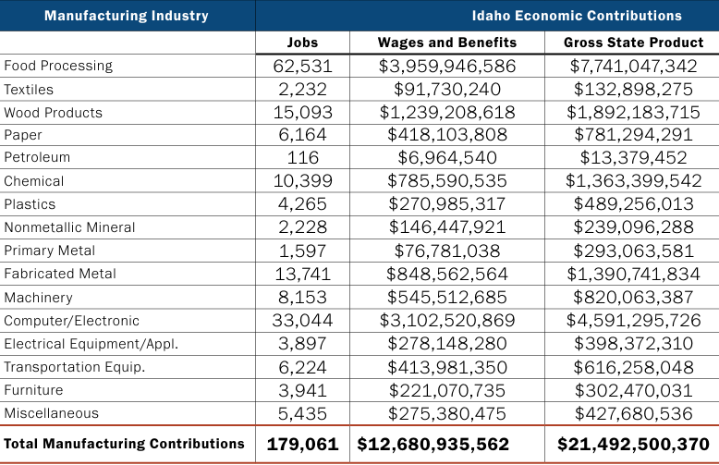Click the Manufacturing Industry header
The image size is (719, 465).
coord(127,16)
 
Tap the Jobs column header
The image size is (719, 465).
coord(302,43)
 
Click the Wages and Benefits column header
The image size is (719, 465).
coord(447,43)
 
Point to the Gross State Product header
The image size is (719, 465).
coord(634,43)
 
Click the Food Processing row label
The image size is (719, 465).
coord(58,67)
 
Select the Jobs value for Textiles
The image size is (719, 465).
coord(302,90)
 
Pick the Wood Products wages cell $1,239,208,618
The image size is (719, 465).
coord(447,113)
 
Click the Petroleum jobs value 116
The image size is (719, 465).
coord(302,158)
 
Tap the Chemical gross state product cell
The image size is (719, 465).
coord(634,181)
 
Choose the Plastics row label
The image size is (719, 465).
coord(30,204)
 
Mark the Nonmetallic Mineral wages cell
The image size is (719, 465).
coord(447,227)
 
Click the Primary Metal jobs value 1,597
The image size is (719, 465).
coord(302,251)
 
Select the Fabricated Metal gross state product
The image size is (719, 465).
coord(634,274)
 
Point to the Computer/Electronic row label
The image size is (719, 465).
coord(72,321)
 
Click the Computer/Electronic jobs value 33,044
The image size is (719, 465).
coord(302,321)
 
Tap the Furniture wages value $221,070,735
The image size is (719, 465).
coord(447,390)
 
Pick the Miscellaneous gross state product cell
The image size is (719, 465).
coord(634,413)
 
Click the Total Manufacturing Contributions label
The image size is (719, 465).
coord(125,444)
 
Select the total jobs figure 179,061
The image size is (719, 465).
coord(302,444)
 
